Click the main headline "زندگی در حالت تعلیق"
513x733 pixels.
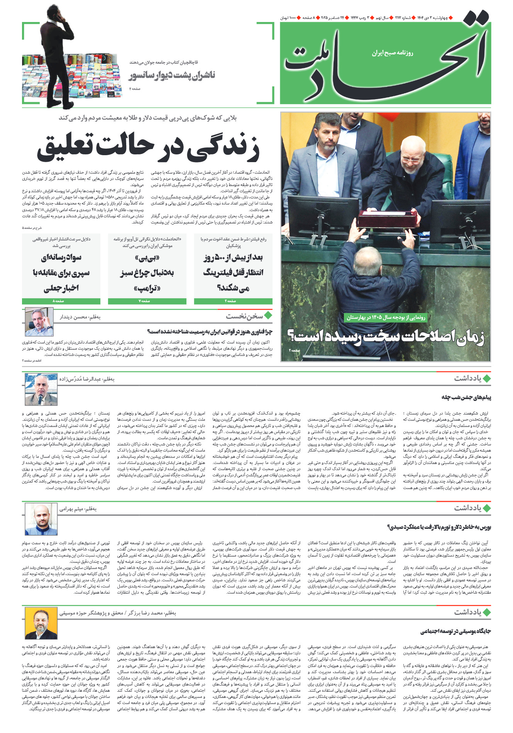(x=148, y=147)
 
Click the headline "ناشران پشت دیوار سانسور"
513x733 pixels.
(x=172, y=75)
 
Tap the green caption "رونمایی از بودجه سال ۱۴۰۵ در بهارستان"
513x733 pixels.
(x=386, y=317)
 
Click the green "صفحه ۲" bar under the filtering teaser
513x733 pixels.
(x=233, y=301)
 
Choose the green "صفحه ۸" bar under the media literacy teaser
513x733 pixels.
(x=61, y=301)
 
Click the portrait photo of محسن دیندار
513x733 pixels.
(x=39, y=322)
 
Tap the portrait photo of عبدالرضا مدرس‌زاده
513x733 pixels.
(x=41, y=389)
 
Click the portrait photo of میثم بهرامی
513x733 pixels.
(x=41, y=520)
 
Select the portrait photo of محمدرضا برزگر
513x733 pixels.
(x=41, y=623)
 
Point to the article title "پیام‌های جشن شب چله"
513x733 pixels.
(x=466, y=397)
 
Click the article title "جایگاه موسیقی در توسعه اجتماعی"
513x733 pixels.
(x=455, y=631)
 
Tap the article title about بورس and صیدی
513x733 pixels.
(x=439, y=527)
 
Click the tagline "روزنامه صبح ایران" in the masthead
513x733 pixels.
(x=392, y=53)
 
